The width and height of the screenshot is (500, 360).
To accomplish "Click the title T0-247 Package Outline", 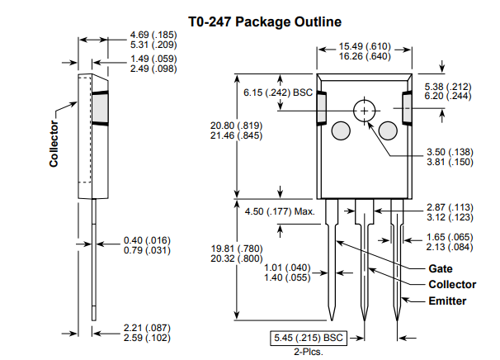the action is point(265,21).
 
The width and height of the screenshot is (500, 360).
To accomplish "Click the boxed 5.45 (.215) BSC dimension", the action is point(309,338).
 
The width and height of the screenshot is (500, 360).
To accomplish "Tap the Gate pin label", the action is point(441,268).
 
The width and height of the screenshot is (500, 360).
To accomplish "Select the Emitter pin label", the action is point(447,301).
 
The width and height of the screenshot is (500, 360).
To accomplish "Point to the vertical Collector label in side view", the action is point(54,144).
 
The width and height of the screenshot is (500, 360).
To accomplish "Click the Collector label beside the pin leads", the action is point(452,284).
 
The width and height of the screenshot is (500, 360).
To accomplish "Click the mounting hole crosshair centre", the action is point(364,111).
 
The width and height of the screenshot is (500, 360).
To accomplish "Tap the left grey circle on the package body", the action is point(341,130).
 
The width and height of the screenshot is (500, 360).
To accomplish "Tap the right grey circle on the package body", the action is point(388,130).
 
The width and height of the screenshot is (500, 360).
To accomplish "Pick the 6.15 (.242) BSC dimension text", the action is point(278,92).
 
